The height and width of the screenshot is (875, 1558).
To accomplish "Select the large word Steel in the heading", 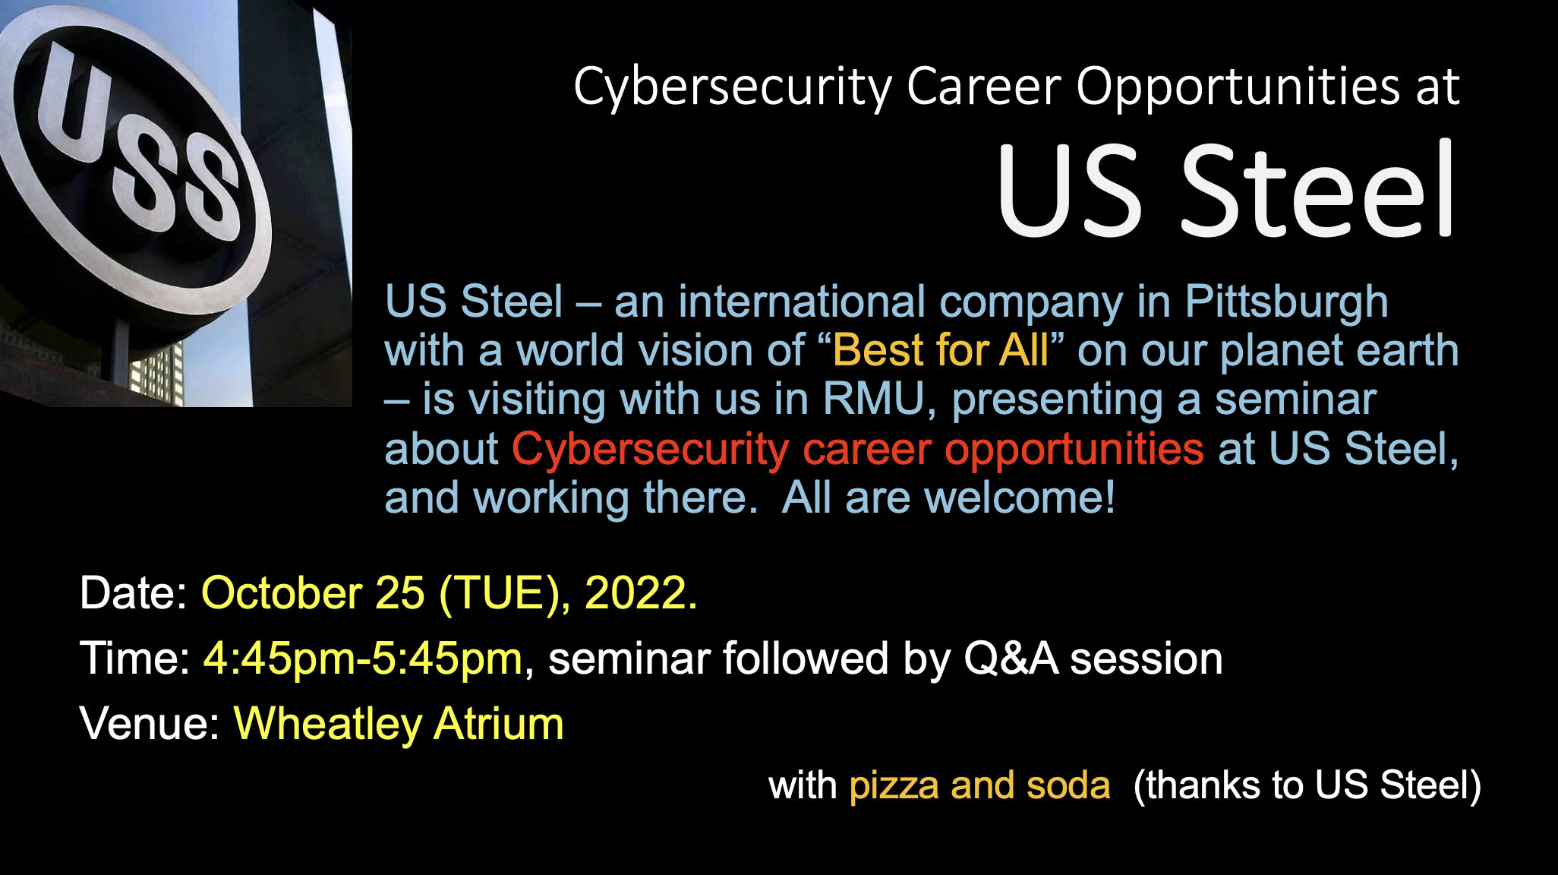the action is click(x=1317, y=190).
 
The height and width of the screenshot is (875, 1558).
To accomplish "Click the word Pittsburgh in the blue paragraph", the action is click(x=1287, y=303).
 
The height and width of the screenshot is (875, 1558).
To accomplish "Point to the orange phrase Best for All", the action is click(x=941, y=350).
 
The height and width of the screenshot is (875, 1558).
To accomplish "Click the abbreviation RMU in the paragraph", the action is click(x=879, y=400).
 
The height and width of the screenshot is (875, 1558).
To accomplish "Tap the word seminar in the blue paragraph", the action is click(x=1295, y=400).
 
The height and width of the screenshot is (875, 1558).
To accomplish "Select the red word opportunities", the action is click(x=1074, y=450).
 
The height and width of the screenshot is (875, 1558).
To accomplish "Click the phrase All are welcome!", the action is click(x=948, y=498).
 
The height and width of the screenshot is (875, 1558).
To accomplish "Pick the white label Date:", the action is click(x=134, y=592).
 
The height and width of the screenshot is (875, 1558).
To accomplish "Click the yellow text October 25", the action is click(x=313, y=592).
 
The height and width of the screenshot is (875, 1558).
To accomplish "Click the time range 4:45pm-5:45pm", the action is click(x=363, y=659).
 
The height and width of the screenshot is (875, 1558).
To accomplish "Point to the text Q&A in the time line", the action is click(x=1011, y=659).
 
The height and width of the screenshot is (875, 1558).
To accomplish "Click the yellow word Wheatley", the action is click(x=327, y=724).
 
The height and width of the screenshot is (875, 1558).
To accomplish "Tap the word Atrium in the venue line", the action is click(x=499, y=723).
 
